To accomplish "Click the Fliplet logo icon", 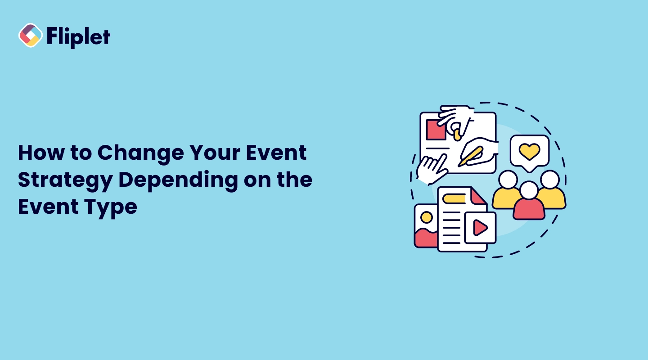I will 30,36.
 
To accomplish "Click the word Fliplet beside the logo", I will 78,36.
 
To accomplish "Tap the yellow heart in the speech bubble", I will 529,152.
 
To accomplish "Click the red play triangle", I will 480,228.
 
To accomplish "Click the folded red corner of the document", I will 478,197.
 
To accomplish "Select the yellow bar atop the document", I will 454,198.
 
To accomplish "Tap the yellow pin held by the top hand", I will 457,133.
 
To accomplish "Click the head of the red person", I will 529,190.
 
